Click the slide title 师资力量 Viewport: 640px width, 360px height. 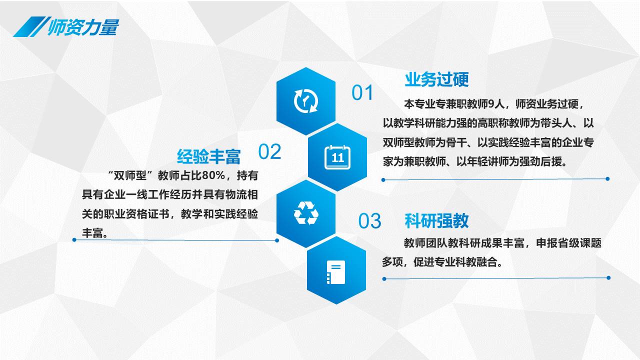[83, 27]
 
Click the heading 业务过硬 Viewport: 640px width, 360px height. [437, 79]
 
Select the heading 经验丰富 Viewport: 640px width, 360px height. [209, 156]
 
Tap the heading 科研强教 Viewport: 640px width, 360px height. [437, 220]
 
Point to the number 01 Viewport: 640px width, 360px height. [362, 92]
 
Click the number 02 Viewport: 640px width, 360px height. [269, 151]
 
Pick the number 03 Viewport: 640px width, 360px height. [369, 221]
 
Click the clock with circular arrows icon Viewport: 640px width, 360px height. [306, 101]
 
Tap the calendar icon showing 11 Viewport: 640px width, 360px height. [337, 157]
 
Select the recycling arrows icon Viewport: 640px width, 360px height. [306, 213]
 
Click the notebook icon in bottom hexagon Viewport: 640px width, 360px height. [336, 272]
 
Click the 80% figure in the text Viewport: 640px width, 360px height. [213, 175]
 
